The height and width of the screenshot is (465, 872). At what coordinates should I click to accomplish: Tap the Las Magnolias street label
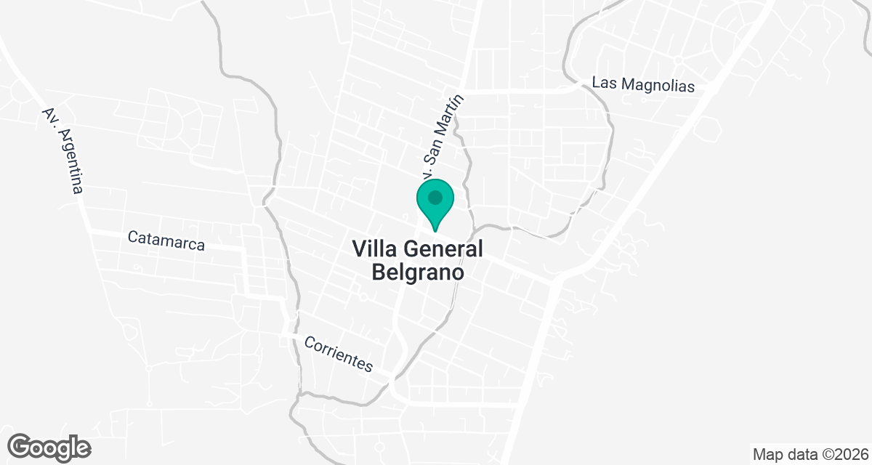(643, 84)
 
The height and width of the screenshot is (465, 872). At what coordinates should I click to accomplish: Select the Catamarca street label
(166, 240)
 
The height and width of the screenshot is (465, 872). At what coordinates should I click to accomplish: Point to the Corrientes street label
(339, 354)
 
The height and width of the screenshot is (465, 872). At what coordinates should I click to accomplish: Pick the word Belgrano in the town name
(418, 272)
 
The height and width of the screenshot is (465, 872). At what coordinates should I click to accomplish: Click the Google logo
(49, 447)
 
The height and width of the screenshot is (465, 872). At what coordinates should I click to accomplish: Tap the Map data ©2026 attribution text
(809, 455)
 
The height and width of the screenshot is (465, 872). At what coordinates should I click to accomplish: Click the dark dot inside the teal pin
(435, 197)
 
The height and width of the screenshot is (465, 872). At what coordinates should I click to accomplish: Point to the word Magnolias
(658, 85)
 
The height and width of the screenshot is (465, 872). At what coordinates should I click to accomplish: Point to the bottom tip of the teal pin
(435, 230)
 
